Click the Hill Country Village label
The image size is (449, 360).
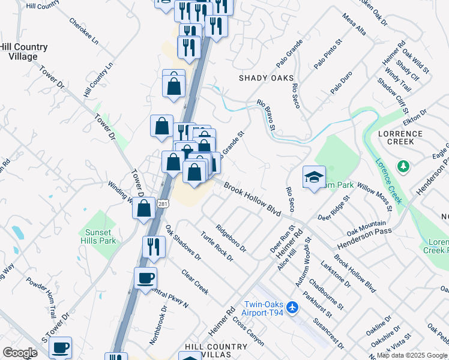23,52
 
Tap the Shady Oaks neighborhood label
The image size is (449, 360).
267,78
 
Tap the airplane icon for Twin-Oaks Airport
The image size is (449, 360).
292,308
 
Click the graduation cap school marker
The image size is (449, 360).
314,178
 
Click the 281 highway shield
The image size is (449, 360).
164,205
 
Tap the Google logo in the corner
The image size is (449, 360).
20,353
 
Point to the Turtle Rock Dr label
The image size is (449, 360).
216,246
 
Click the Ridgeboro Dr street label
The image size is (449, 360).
231,238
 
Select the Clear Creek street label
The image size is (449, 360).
195,281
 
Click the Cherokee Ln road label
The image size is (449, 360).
83,32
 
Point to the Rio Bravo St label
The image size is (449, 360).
265,115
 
